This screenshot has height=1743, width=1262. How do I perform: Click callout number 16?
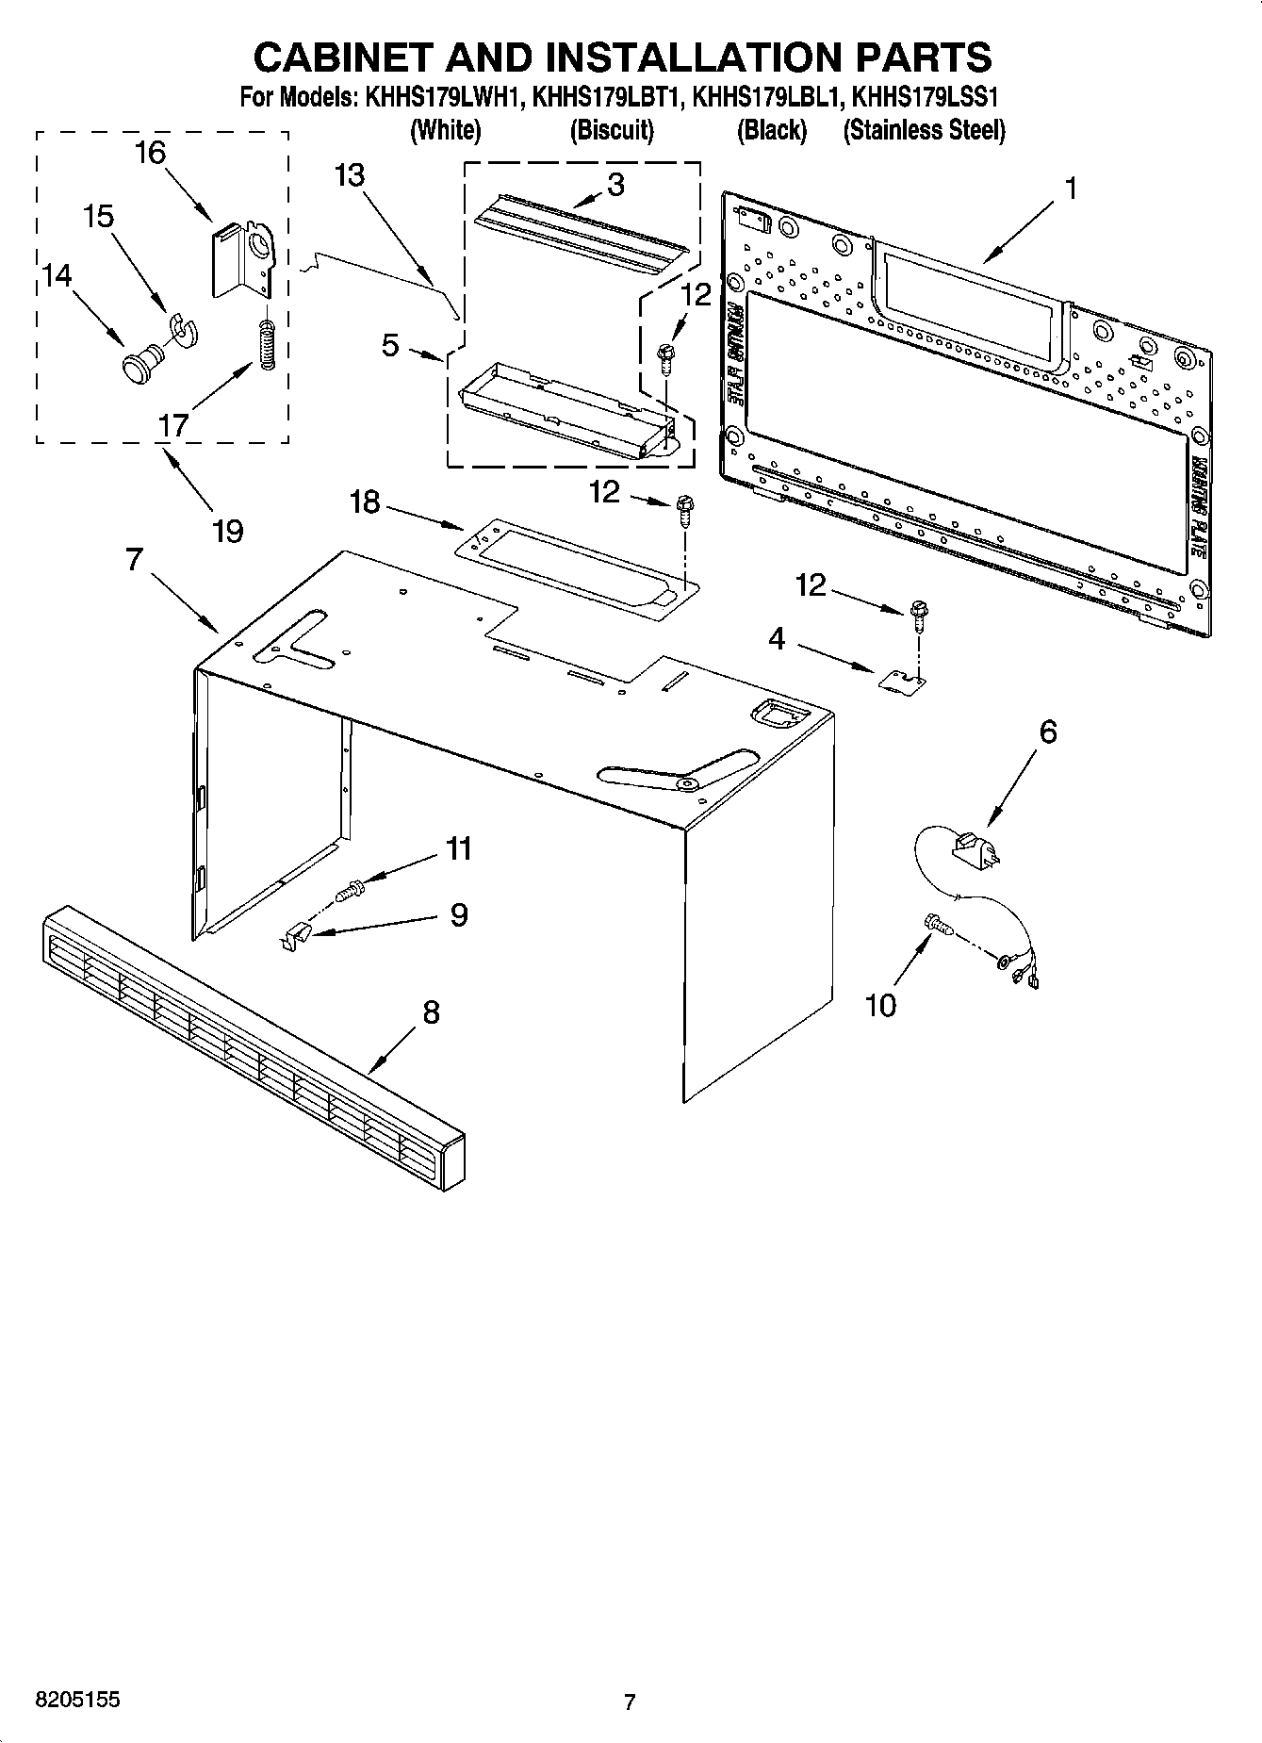tap(150, 153)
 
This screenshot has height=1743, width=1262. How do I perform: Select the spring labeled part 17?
tap(267, 345)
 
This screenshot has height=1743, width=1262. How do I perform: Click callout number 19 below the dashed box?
tap(227, 531)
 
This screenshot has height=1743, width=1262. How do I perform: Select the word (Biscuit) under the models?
tap(612, 130)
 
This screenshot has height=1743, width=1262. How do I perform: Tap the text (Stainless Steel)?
tap(924, 130)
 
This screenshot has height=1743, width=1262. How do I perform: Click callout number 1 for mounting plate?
tap(1069, 189)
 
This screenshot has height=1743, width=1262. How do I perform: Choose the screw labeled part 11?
tap(351, 887)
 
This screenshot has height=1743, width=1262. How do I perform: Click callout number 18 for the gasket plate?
tap(365, 502)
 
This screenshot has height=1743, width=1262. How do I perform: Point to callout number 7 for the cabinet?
tap(134, 560)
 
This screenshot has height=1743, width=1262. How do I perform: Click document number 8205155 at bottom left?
tap(77, 1700)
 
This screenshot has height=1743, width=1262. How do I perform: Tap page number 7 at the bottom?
tap(630, 1702)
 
